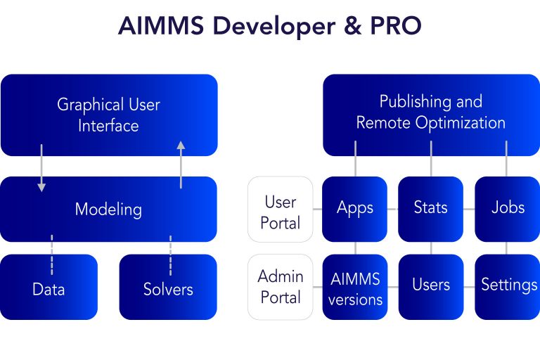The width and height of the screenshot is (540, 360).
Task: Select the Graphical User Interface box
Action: coord(109,115)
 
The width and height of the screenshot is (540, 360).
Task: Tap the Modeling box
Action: coord(109,209)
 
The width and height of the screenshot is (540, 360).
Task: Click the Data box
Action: coord(49,288)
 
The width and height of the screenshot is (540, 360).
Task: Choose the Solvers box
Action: coord(168,288)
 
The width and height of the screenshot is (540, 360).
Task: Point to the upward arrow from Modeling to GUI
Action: coord(181,165)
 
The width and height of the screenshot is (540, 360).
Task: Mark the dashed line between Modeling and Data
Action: coord(51,255)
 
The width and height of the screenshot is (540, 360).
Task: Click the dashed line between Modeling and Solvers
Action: coord(170,255)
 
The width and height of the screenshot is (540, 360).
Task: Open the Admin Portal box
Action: coord(281,287)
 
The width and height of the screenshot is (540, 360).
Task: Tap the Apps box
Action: coord(355,209)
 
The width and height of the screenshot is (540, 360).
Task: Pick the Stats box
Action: coord(431,209)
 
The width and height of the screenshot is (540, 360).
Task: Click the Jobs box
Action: coord(507,209)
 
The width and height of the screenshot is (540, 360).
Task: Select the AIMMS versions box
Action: coord(355,287)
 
